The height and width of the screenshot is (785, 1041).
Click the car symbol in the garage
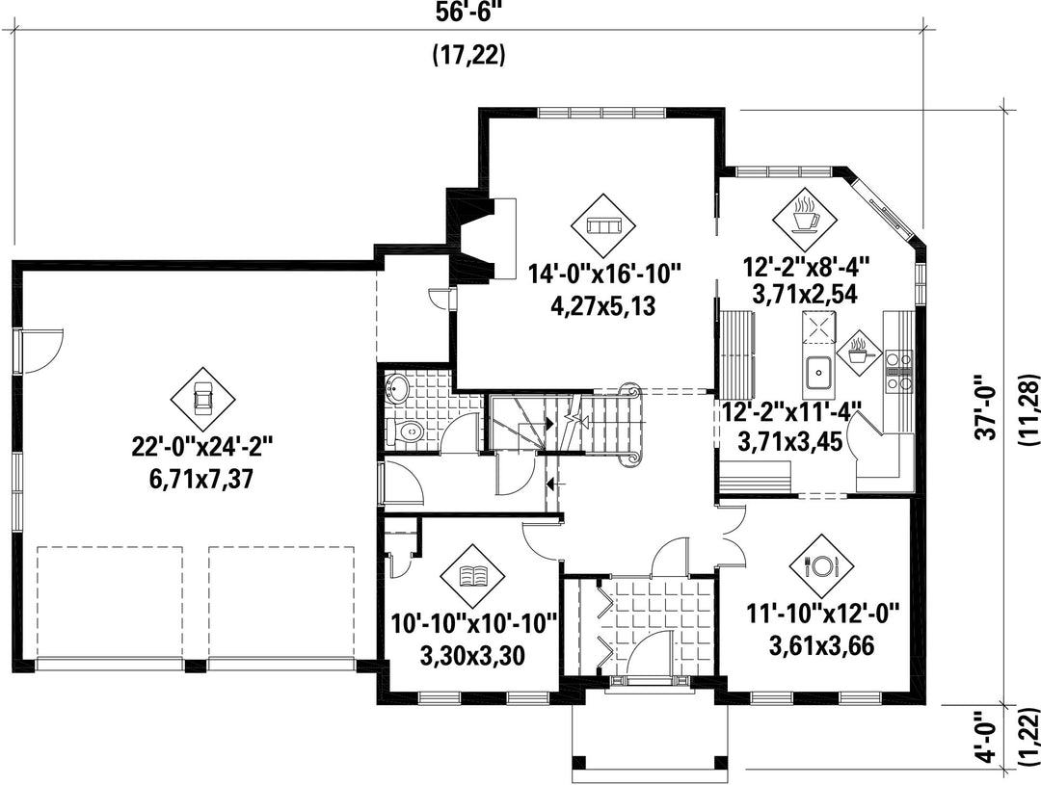pos(202,398)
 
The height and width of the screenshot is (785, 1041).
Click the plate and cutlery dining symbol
pos(821,566)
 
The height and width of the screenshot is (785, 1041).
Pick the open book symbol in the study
pos(472,575)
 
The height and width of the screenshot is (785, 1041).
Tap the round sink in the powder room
pos(397,387)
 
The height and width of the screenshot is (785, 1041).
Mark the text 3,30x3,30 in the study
pos(472,656)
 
